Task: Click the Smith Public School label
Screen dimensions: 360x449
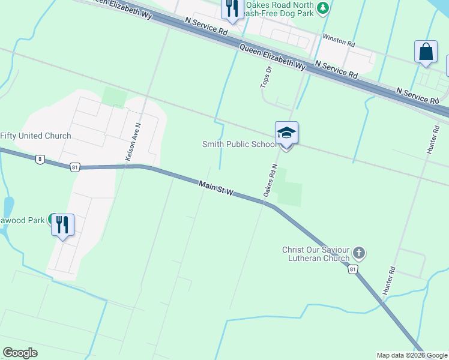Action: coord(239,144)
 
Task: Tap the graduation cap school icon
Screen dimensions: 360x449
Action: coord(286,133)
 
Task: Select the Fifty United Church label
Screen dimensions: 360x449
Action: coord(35,136)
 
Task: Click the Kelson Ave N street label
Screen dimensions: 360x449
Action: coord(133,142)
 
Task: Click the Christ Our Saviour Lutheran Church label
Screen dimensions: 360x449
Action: coord(316,254)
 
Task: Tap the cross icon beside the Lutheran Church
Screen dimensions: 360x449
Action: coord(359,253)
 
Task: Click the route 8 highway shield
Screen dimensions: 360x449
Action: coord(40,159)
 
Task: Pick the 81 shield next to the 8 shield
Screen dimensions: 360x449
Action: coord(74,166)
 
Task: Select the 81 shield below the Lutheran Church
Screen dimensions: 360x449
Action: coord(354,270)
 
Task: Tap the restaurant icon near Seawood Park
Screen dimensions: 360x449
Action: coord(63,224)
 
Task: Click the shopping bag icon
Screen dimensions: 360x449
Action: coord(426,52)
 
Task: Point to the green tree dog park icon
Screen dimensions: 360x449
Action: coord(324,7)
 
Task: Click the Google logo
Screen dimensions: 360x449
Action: coord(20,352)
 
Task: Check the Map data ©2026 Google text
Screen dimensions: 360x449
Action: coord(411,355)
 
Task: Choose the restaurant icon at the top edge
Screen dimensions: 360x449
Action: coord(231,9)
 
